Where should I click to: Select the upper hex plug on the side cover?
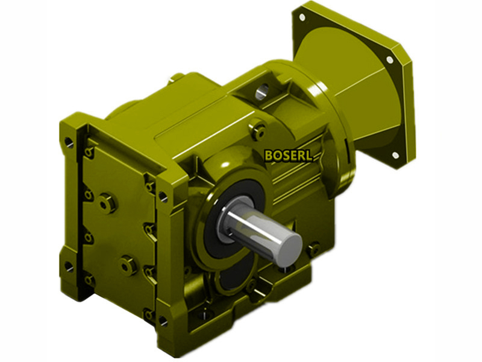[x=108, y=203]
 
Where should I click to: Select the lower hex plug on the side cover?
[x=127, y=265]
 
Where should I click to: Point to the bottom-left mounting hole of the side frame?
[x=70, y=265]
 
